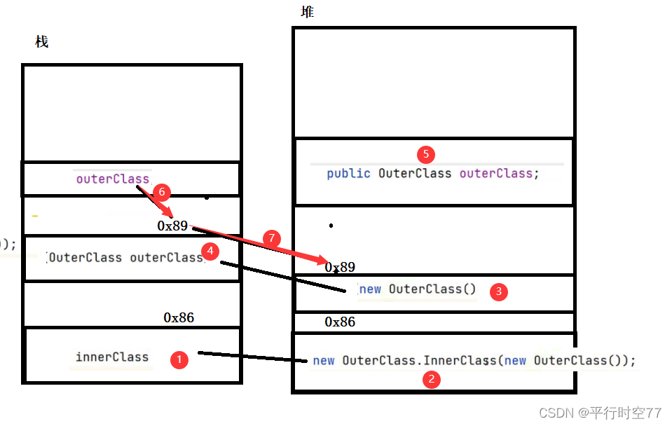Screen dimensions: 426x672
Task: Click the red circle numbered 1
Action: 180,359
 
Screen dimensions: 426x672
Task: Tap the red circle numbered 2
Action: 431,380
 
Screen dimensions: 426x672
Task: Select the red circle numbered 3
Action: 498,292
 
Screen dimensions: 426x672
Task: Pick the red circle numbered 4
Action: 209,250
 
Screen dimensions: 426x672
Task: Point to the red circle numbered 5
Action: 425,154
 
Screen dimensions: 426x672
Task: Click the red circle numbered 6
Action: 160,191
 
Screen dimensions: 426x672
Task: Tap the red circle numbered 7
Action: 273,238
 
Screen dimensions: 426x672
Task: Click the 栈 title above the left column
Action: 42,41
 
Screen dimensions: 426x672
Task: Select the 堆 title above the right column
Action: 307,12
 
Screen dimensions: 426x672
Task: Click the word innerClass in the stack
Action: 112,357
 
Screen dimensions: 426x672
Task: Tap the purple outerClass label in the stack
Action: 113,179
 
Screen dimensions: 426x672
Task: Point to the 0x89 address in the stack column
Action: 172,226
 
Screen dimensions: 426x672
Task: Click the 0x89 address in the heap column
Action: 340,267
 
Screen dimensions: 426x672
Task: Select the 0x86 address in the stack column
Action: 179,317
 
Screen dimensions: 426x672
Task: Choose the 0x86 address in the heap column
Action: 340,322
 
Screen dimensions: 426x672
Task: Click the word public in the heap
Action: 348,173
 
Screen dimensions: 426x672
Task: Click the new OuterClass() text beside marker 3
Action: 417,289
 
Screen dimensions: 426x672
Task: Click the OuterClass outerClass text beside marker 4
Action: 125,257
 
